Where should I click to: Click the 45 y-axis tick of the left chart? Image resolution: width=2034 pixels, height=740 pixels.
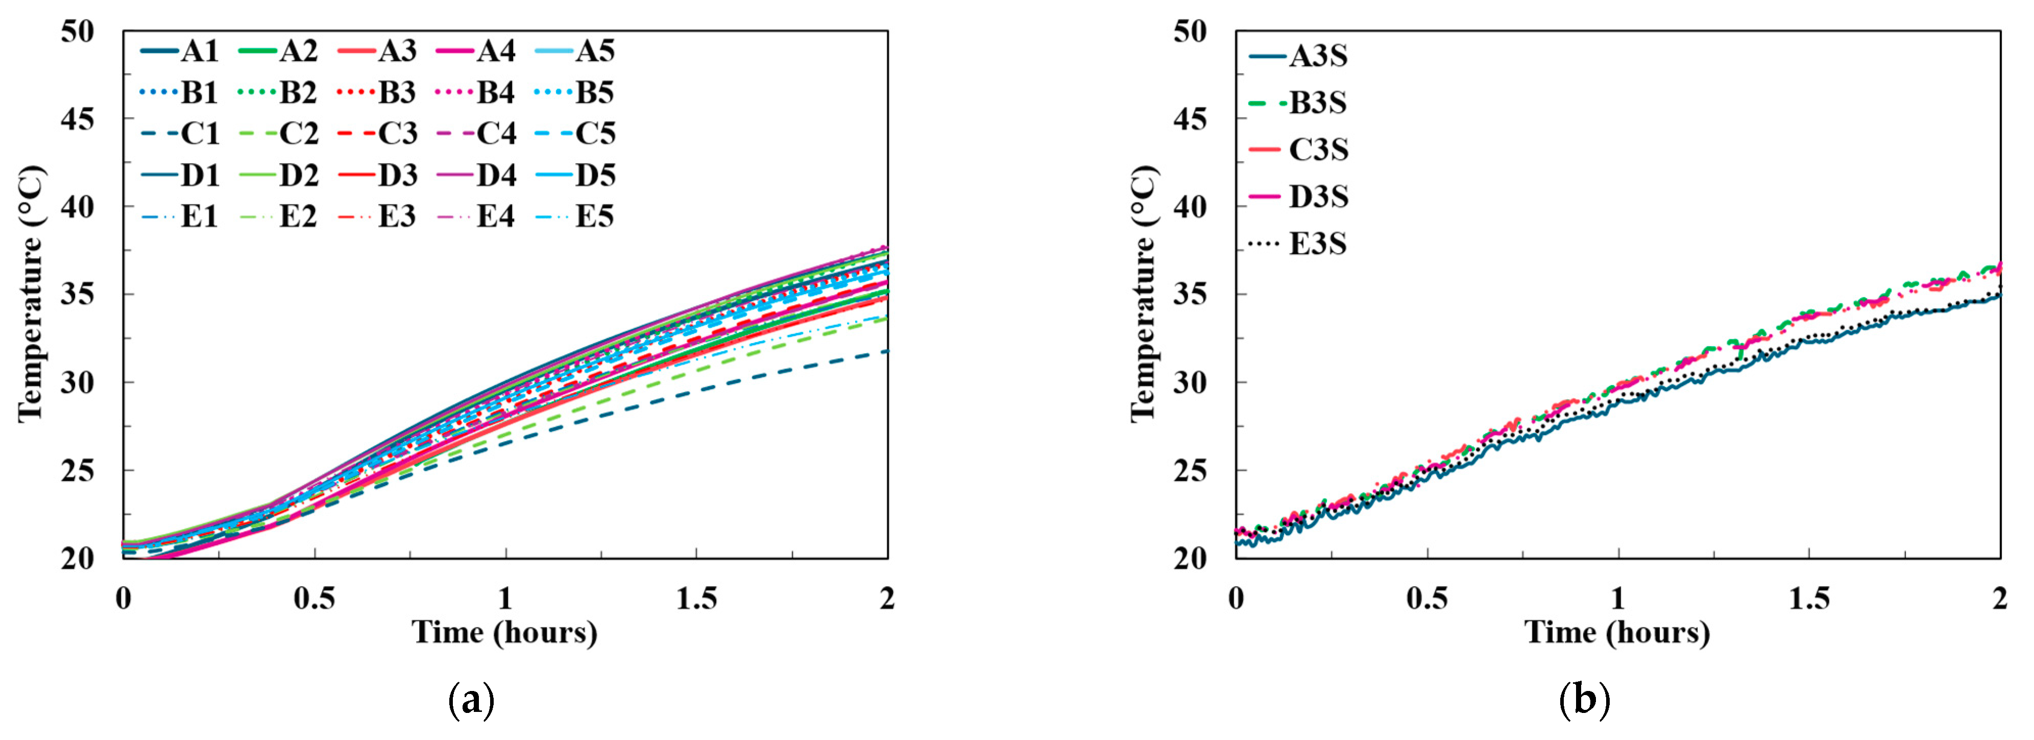(x=78, y=120)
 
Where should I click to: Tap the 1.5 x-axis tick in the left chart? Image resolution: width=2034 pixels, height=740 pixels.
(x=696, y=599)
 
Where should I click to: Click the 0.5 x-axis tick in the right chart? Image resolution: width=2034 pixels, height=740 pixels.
(x=1427, y=599)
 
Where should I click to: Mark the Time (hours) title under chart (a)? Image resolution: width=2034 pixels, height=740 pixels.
(x=504, y=633)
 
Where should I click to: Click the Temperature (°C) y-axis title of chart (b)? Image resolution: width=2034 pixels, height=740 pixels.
(x=1143, y=294)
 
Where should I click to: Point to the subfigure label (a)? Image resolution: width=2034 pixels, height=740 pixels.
(x=471, y=700)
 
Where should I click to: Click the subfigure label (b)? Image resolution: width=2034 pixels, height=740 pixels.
(x=1584, y=700)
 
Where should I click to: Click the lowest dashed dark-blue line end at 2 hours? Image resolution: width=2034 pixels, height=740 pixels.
(x=886, y=351)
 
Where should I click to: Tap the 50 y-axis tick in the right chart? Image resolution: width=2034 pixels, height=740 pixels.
(x=1190, y=32)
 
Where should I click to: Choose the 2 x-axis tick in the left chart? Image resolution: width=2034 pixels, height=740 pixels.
(x=887, y=599)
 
